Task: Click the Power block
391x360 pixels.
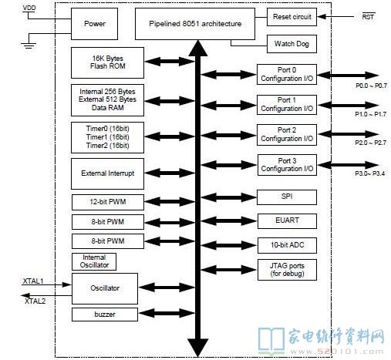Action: [94, 24]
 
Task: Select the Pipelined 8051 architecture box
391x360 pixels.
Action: [195, 24]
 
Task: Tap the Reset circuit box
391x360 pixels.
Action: [292, 17]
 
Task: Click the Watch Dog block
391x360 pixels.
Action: [292, 44]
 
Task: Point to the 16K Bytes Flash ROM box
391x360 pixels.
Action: [107, 62]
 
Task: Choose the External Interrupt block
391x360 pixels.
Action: [107, 173]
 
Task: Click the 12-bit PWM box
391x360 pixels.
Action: [108, 202]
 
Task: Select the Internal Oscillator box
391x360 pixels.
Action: [94, 261]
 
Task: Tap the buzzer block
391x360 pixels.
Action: [105, 315]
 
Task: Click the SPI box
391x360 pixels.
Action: [287, 197]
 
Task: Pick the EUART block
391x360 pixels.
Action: [287, 221]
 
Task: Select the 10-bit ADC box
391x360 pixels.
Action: [287, 245]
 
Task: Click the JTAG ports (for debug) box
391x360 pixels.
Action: [287, 270]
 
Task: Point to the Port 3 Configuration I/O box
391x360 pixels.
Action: [287, 165]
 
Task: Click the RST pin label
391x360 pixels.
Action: [368, 17]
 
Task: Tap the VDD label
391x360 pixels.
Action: [29, 8]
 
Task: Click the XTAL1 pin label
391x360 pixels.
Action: [33, 281]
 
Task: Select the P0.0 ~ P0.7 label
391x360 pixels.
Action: [371, 86]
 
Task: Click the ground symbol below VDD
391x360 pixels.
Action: [29, 45]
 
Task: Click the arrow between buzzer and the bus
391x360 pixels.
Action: [167, 313]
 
